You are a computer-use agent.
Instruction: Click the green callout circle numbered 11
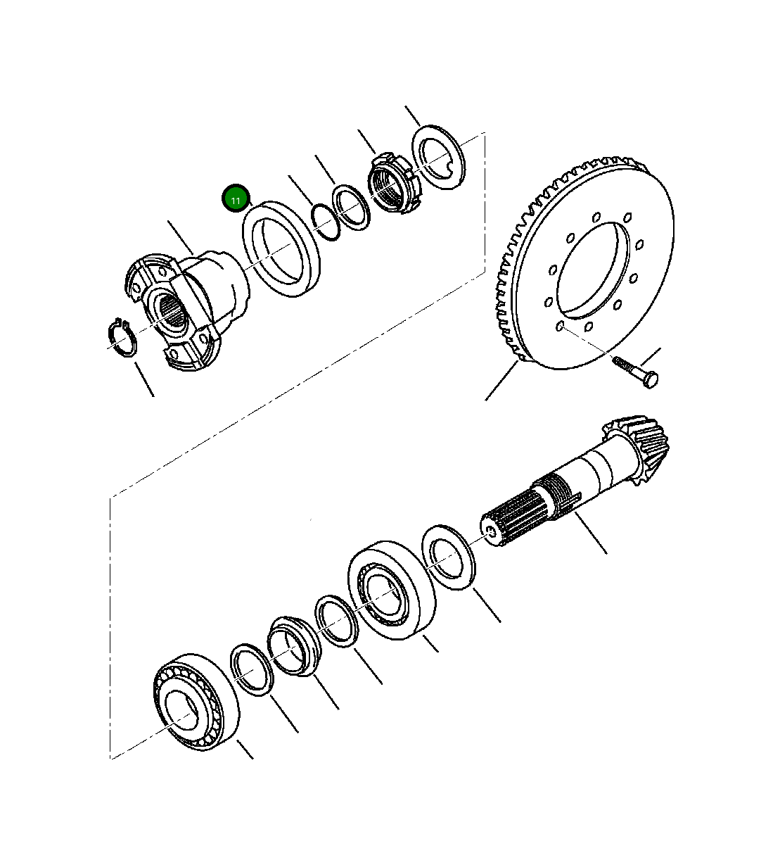click(236, 200)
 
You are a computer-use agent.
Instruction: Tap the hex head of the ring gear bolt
click(651, 379)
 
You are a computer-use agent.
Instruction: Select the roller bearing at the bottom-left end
click(193, 700)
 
